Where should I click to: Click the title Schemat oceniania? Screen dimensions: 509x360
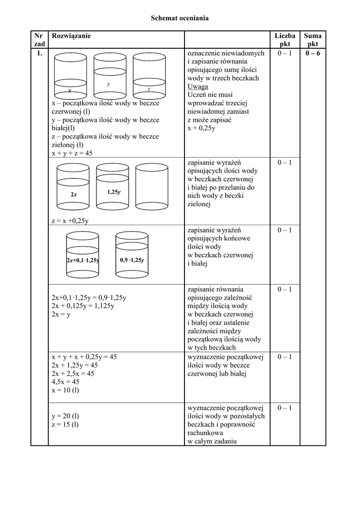180,18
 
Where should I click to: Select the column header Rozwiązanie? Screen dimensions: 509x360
71,36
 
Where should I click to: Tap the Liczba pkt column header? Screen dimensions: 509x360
285,40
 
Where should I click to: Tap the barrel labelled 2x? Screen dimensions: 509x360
74,187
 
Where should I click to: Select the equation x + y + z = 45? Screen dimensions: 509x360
72,154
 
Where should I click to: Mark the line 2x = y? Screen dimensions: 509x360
61,315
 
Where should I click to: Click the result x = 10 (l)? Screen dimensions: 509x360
65,390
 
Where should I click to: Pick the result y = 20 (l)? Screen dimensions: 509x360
65,416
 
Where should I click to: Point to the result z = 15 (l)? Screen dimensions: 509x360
65,424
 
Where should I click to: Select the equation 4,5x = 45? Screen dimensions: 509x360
65,382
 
